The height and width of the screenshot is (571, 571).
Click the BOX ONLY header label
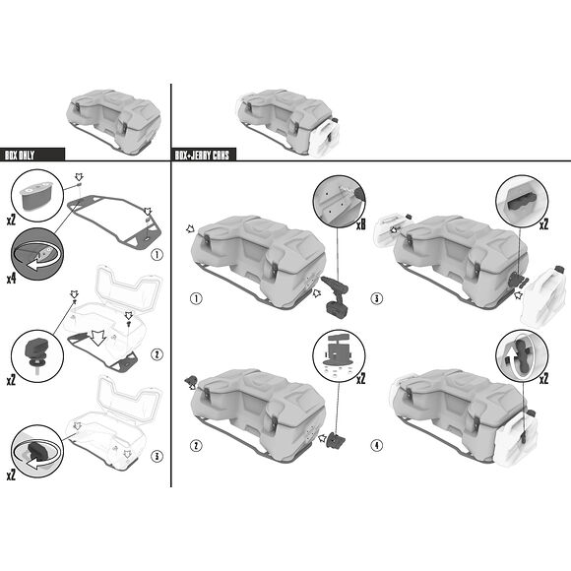(x=20, y=156)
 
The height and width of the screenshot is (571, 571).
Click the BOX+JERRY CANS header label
(x=202, y=156)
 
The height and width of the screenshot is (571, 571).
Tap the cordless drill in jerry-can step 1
(x=336, y=296)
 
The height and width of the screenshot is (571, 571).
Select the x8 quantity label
(x=360, y=225)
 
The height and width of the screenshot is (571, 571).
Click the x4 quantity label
(x=11, y=279)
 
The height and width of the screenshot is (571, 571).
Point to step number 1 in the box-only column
(x=157, y=254)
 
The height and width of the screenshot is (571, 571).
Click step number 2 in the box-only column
(x=157, y=354)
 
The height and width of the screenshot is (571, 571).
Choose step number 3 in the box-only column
(x=157, y=456)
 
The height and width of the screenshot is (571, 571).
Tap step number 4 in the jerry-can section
(x=376, y=445)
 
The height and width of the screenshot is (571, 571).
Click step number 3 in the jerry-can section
(x=376, y=298)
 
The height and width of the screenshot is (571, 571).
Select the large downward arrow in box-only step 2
(x=97, y=338)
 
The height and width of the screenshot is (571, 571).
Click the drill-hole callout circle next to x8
(x=339, y=201)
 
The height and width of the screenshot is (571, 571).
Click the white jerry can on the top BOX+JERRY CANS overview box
(x=325, y=137)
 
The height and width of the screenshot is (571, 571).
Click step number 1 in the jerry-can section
(x=196, y=298)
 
